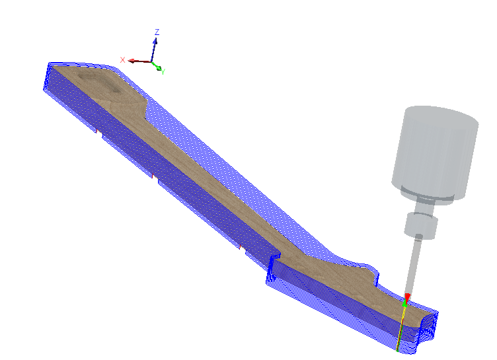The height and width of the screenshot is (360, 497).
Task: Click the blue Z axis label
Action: [157, 32]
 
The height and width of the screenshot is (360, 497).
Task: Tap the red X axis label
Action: [123, 60]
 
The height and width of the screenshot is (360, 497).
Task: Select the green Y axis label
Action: [163, 72]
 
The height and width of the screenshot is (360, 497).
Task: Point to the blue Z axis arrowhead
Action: [155, 41]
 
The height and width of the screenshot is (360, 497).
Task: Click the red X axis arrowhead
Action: [131, 61]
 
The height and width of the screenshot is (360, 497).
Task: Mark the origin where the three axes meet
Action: [151, 61]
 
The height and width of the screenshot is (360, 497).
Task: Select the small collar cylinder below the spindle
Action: [421, 226]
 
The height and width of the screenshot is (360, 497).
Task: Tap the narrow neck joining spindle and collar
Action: [424, 207]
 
